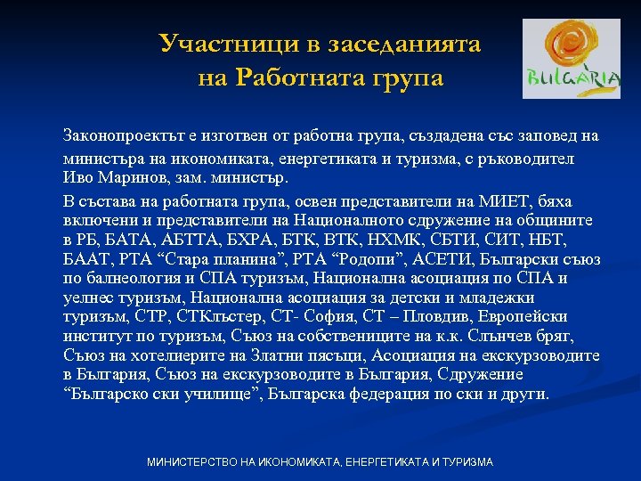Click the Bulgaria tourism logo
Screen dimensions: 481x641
[x=571, y=59]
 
